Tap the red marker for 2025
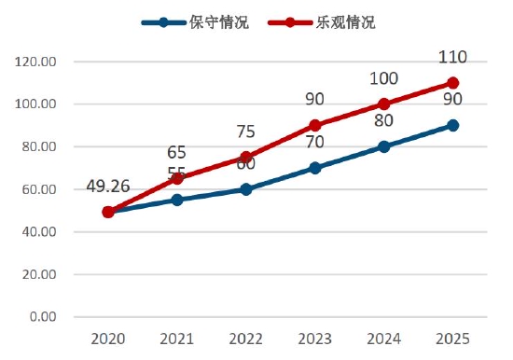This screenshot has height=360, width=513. [x=453, y=83]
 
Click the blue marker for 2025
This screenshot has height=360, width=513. [x=453, y=125]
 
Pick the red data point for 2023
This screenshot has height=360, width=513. [x=315, y=125]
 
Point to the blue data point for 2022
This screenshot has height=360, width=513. [x=246, y=189]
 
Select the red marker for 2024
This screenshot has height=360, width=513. [x=384, y=104]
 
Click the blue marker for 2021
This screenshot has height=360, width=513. [x=177, y=200]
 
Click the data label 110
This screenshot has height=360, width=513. [x=451, y=58]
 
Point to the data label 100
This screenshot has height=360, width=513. [x=384, y=79]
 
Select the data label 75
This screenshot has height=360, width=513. [x=246, y=132]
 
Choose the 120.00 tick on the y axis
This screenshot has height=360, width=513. [x=37, y=62]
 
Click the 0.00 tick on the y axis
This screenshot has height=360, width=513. [x=43, y=317]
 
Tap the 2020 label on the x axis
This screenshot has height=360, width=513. [x=108, y=339]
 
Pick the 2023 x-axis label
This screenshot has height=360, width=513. [x=315, y=339]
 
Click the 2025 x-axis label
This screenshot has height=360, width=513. [x=453, y=339]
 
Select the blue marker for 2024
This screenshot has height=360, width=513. [x=384, y=146]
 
